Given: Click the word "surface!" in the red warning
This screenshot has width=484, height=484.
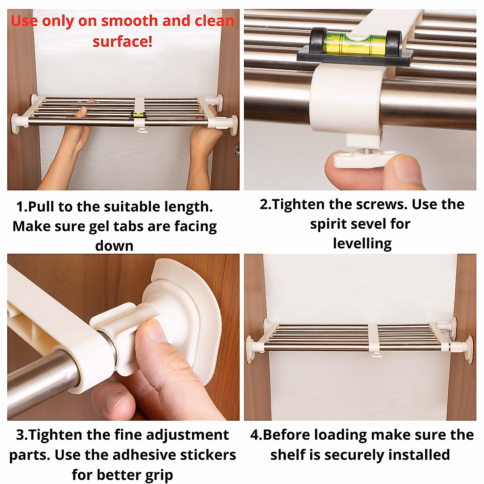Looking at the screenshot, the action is click(x=123, y=42).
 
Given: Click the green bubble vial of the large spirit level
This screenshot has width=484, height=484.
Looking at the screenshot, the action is click(x=355, y=44).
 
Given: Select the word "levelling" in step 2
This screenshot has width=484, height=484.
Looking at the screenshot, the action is click(x=362, y=243).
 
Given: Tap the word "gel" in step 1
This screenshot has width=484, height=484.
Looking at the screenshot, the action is click(x=100, y=227).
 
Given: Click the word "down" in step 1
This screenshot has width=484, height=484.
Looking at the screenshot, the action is click(x=114, y=246).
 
